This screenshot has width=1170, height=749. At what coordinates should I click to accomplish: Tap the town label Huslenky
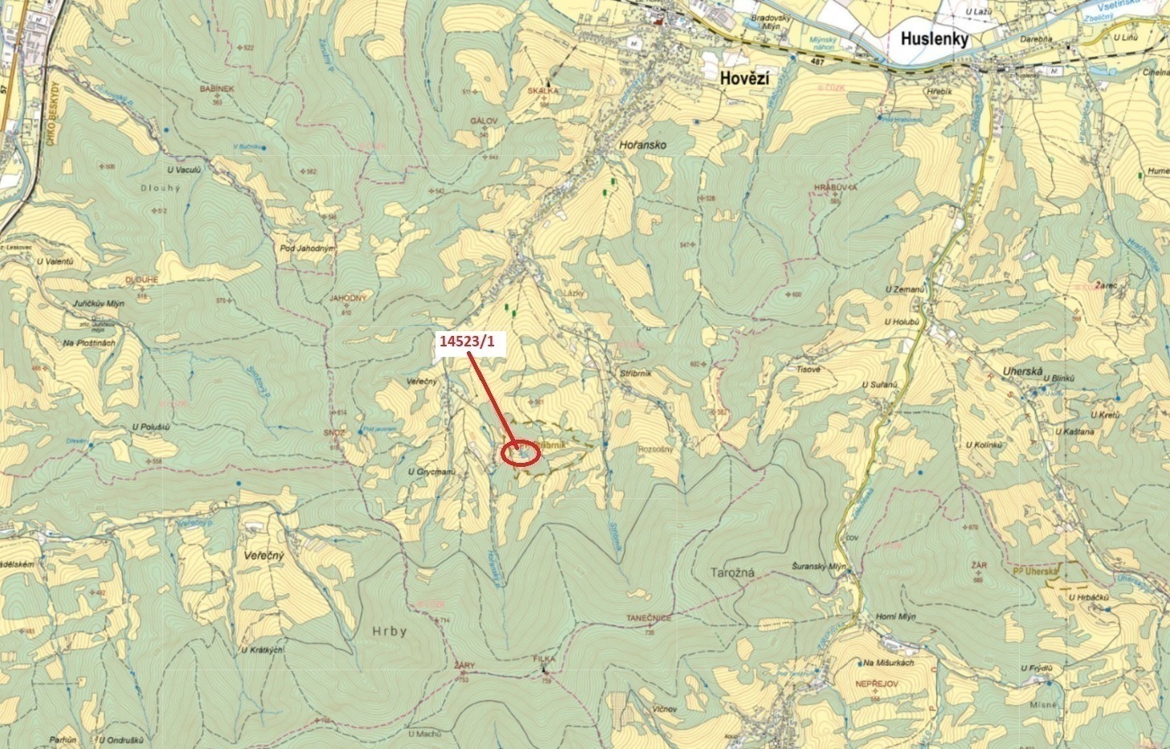935,39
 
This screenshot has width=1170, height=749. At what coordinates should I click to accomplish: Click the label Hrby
390,631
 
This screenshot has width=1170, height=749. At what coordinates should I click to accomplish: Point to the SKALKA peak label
543,92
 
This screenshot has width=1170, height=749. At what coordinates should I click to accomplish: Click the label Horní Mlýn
894,616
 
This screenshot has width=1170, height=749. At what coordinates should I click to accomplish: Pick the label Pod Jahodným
307,248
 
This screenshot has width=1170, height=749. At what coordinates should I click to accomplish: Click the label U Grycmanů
432,472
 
